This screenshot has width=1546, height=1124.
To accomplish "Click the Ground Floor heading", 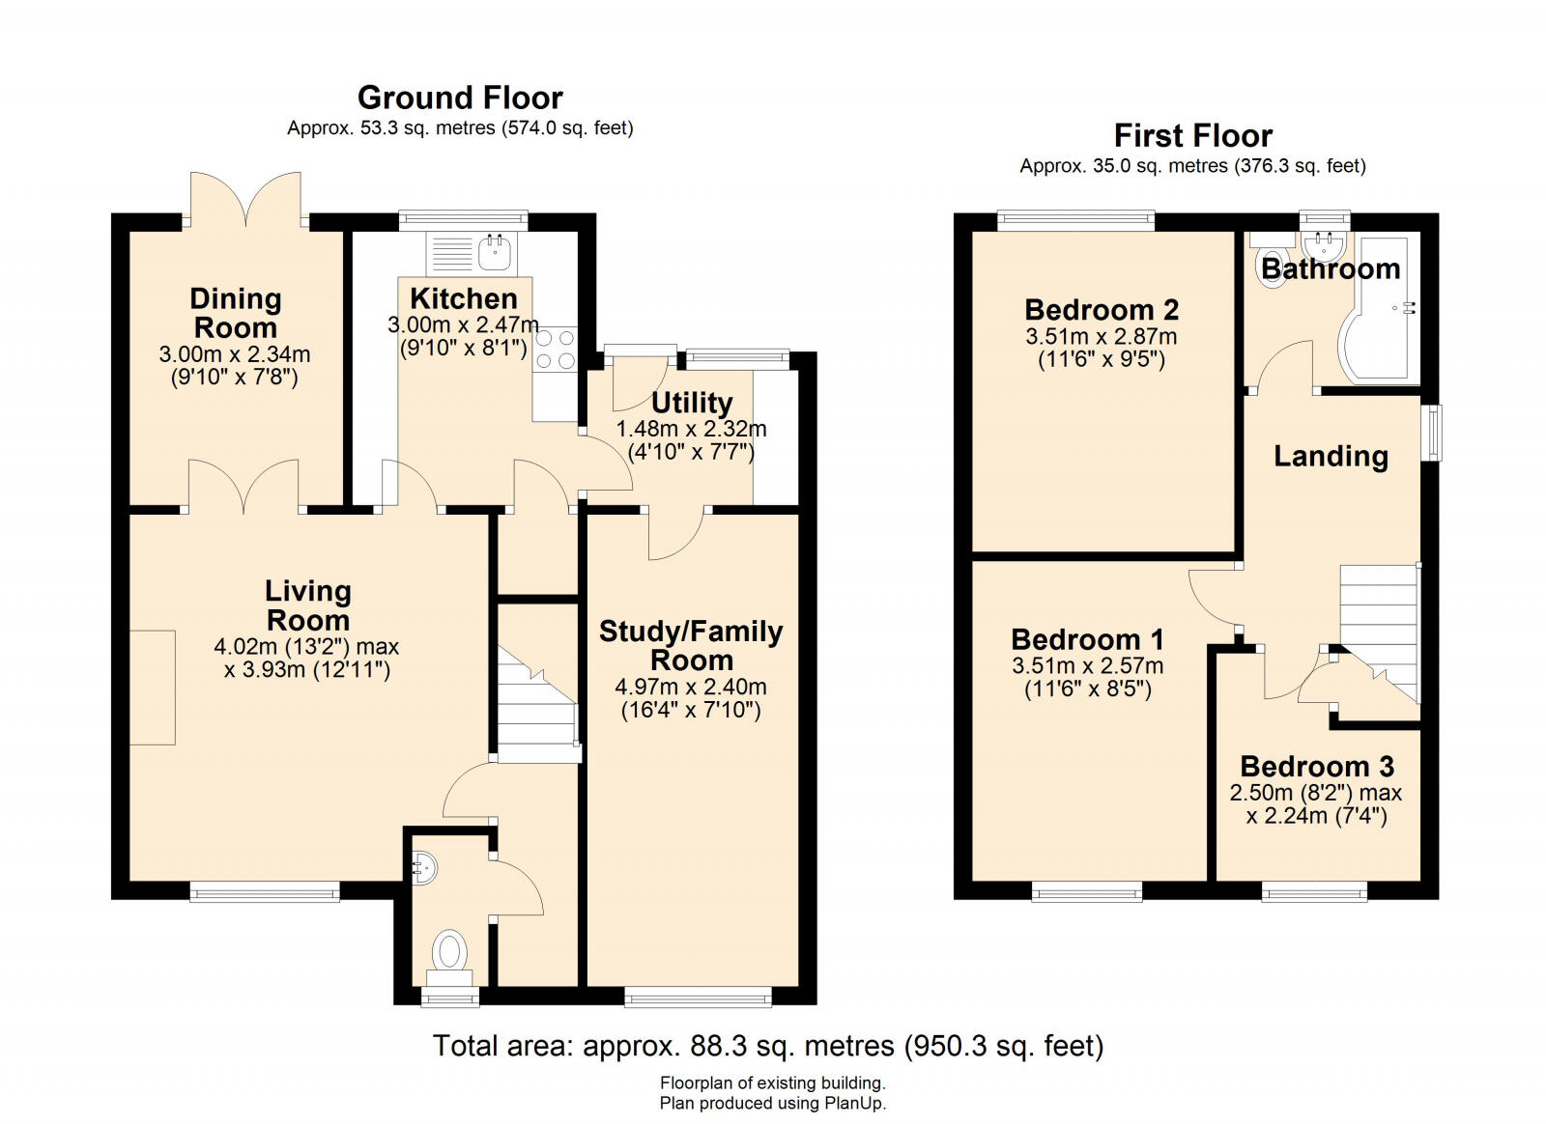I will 460,98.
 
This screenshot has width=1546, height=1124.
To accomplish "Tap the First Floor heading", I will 1192,135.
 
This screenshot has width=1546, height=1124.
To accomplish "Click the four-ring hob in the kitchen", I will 555,350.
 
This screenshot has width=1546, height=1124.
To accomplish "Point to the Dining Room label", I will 235,313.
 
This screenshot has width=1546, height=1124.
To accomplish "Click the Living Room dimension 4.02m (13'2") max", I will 306,647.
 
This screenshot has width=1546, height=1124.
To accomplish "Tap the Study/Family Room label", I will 691,645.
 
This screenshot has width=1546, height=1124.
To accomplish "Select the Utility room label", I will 692,403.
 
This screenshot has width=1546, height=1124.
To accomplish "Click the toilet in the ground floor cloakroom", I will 449,949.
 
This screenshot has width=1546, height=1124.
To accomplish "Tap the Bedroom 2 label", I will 1102,310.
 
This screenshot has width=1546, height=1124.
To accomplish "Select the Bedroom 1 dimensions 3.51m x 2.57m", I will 1087,666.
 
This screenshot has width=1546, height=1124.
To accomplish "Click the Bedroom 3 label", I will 1317,767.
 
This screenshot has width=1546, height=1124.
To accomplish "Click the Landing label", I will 1331,456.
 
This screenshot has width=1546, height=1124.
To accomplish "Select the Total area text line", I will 767,1046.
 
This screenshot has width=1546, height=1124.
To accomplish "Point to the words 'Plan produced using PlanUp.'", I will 772,1103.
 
